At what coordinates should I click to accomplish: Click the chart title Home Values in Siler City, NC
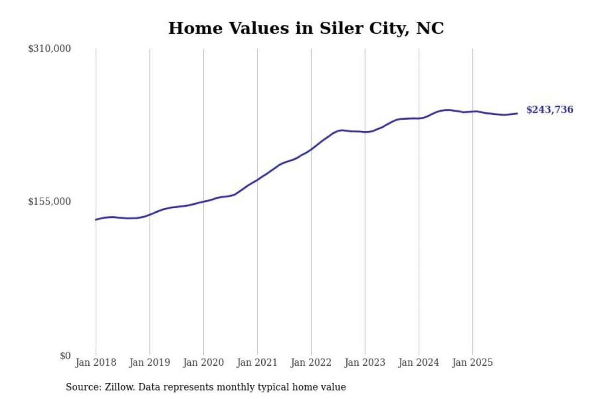coord(306,28)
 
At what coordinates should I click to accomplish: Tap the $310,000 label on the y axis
coord(49,49)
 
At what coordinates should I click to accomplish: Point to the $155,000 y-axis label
coord(49,202)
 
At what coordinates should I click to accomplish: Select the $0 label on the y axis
coord(65,356)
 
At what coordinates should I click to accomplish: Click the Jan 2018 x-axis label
coord(96,362)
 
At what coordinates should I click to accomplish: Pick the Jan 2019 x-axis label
coord(149,362)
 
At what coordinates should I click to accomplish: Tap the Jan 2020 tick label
coord(203,362)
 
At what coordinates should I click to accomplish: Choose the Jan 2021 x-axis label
coord(257,362)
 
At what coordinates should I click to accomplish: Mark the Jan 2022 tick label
coord(311,362)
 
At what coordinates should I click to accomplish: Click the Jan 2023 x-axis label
coord(365,362)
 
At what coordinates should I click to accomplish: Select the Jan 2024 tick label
coord(419,362)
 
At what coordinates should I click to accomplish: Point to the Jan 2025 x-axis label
coord(472,362)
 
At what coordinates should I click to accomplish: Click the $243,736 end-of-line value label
coord(550,110)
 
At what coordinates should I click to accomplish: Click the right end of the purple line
coord(517,113)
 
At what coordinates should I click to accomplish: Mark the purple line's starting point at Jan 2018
coord(96,219)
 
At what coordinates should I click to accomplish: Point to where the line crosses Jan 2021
coord(257,180)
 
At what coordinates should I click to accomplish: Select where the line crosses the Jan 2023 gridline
coord(365,132)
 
